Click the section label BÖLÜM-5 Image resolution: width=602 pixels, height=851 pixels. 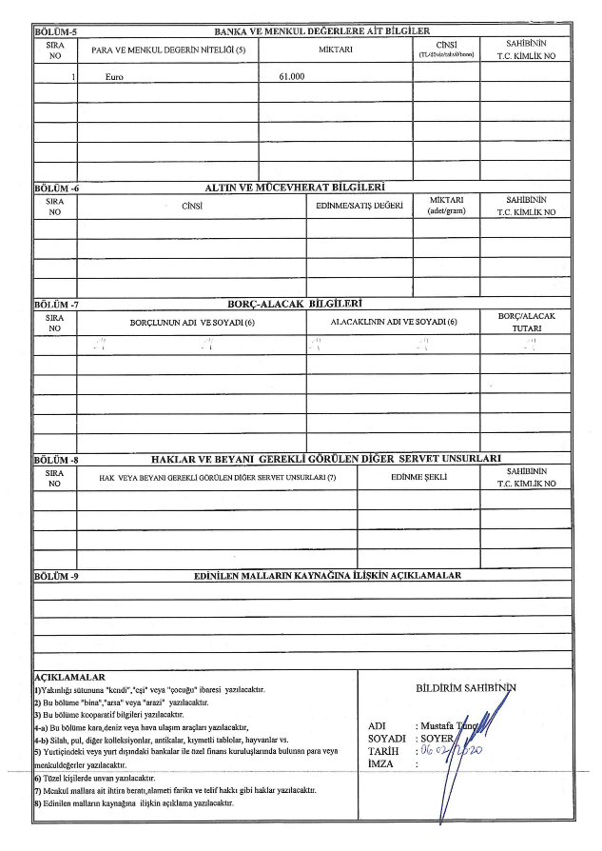[x=54, y=32]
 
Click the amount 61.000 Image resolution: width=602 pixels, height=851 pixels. [x=292, y=73]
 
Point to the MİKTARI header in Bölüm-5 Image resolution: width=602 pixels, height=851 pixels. [x=336, y=49]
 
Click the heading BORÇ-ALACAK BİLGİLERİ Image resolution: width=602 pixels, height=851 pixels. [x=296, y=305]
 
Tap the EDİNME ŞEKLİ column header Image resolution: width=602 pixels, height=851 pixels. [x=418, y=476]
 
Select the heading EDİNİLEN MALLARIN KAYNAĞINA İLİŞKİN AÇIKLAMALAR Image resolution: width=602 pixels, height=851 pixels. [x=326, y=576]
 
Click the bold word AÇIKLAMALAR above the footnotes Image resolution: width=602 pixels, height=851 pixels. [x=68, y=676]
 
